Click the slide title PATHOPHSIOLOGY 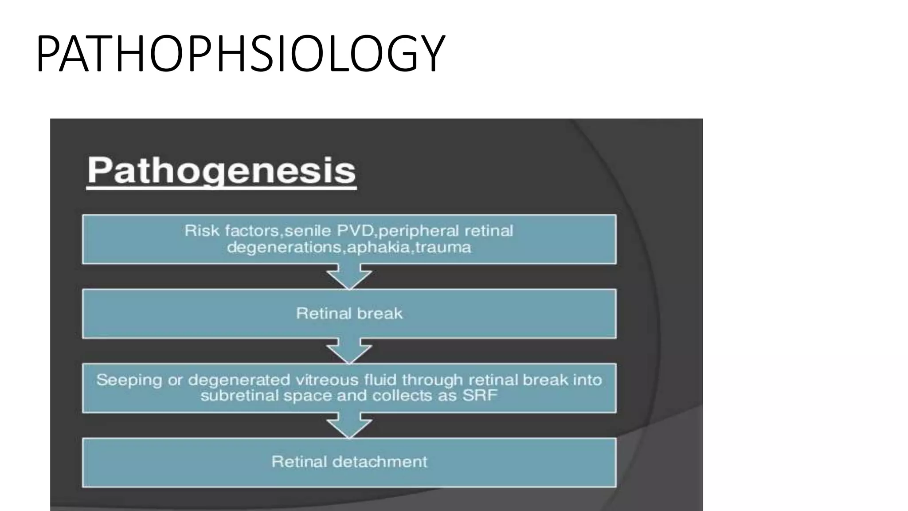click(240, 54)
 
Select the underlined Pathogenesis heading click(221, 171)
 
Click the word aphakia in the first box click(380, 247)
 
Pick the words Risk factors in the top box click(232, 231)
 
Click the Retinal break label click(349, 314)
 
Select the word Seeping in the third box click(129, 380)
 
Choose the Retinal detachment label click(349, 462)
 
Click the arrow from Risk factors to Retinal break click(349, 277)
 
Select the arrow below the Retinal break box click(349, 351)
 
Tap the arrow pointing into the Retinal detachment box click(349, 426)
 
